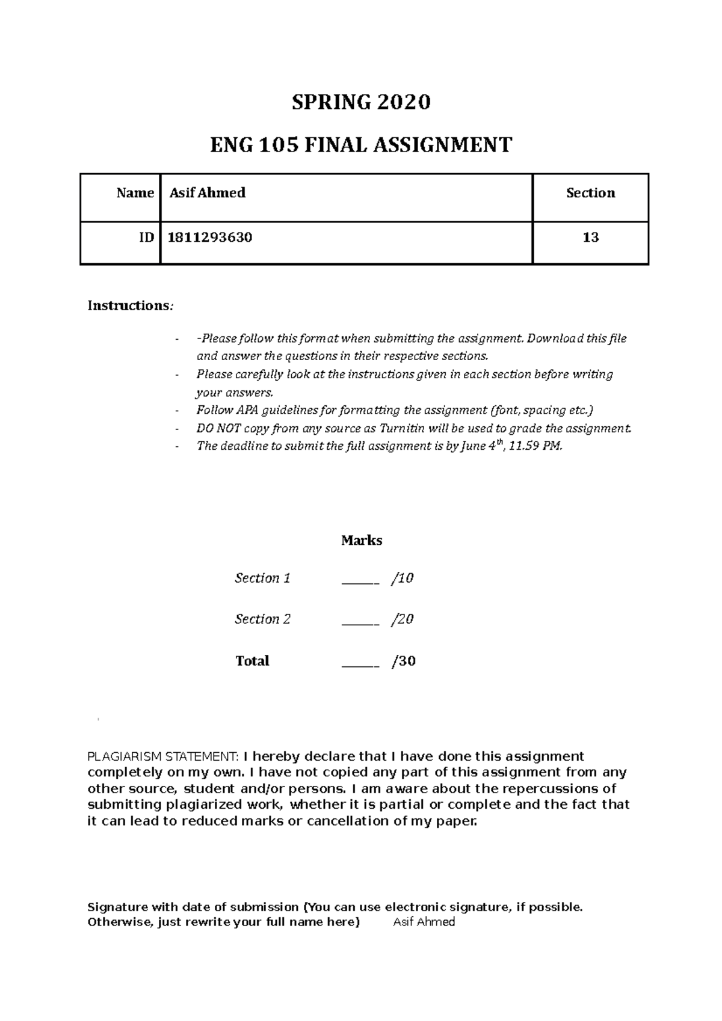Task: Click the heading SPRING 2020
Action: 361,103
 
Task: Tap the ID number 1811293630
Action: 211,238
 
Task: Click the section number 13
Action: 590,238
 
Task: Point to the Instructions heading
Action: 129,305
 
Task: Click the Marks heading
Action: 362,541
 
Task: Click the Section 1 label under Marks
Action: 262,578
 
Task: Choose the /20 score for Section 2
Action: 403,619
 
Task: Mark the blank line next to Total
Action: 360,664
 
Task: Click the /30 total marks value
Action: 404,661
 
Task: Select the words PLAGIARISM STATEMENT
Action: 163,756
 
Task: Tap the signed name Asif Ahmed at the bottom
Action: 424,922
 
